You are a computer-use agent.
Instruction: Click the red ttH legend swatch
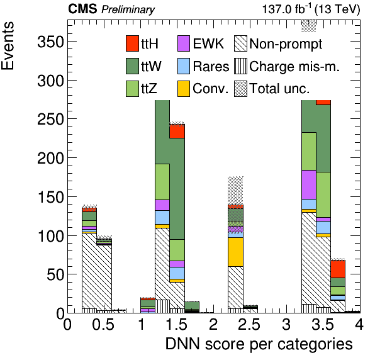(132, 43)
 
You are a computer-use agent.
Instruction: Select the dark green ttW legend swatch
(132, 66)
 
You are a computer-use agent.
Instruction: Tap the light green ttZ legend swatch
(132, 89)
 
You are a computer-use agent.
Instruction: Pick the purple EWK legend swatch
(184, 43)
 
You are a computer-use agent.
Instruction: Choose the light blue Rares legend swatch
(184, 66)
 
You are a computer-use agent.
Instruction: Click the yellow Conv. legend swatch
(184, 89)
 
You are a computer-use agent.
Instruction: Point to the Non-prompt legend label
(286, 44)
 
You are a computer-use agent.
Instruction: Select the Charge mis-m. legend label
(294, 67)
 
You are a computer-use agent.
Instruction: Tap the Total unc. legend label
(279, 89)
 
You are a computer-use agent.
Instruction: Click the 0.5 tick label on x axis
(103, 325)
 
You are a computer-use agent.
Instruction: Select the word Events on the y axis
(8, 46)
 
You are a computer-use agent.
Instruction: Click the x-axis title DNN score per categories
(259, 344)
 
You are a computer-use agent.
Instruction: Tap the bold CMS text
(82, 9)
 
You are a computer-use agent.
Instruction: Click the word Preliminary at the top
(128, 10)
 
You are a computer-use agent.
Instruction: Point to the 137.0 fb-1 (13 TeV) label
(311, 9)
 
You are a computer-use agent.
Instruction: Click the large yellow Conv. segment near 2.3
(235, 252)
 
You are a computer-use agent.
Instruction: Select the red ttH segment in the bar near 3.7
(338, 269)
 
